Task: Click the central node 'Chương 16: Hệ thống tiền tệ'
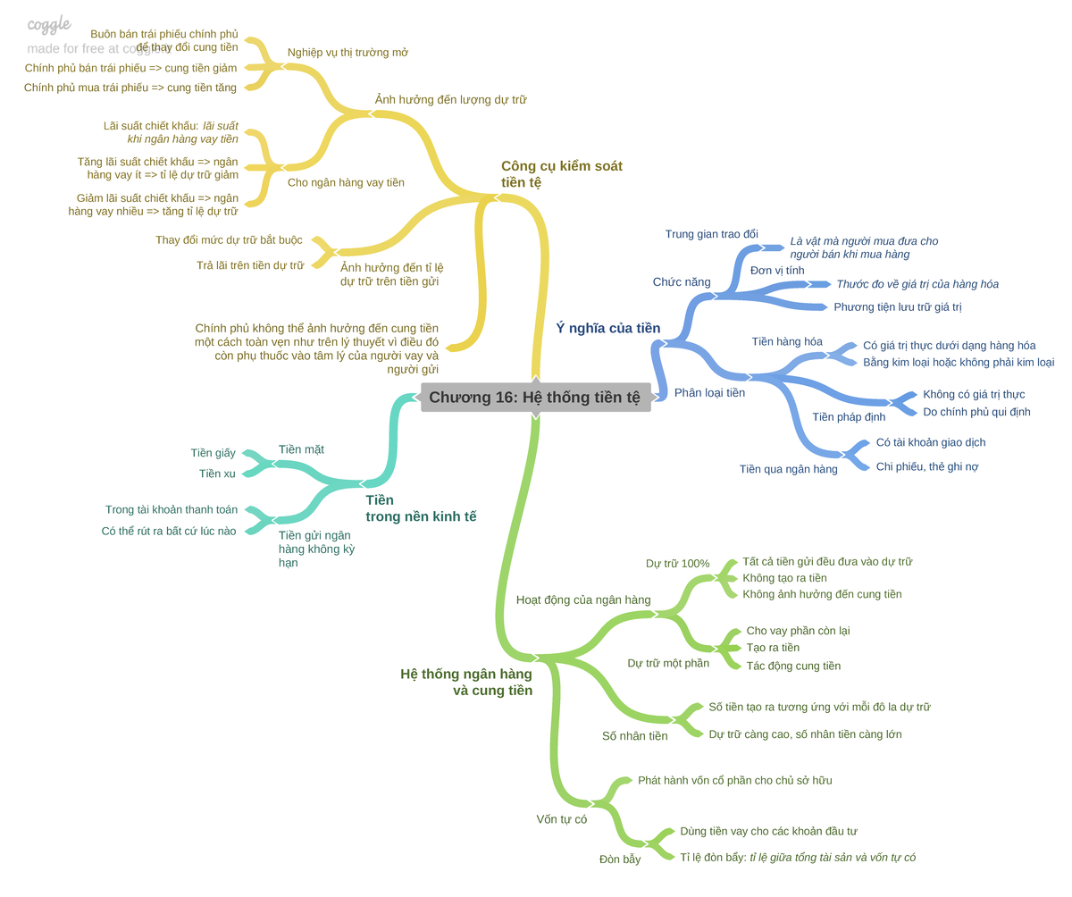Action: tap(535, 397)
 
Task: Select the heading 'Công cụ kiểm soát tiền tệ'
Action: tap(561, 174)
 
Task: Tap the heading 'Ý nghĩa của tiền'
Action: tap(607, 328)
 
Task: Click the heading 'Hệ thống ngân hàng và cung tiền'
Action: tap(466, 682)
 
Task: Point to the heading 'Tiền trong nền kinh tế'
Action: tap(421, 507)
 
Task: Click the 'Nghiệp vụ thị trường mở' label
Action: tap(348, 53)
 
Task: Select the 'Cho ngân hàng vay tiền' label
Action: tap(346, 182)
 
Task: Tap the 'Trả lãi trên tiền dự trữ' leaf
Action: tap(250, 265)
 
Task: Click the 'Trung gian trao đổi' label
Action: tap(712, 233)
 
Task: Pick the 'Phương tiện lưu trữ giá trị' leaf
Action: tap(898, 306)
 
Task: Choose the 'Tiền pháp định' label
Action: tap(849, 416)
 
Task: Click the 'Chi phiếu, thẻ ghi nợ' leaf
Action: tap(926, 466)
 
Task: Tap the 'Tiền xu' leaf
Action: tap(217, 473)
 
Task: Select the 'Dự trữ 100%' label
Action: tap(677, 563)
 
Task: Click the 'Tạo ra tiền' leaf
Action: tap(773, 647)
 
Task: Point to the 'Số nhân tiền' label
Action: tap(634, 736)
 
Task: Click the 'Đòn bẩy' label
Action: tap(620, 859)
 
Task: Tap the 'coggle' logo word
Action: tap(49, 24)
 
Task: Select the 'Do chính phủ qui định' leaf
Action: tap(976, 411)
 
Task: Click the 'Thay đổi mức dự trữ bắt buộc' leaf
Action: tap(229, 239)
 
